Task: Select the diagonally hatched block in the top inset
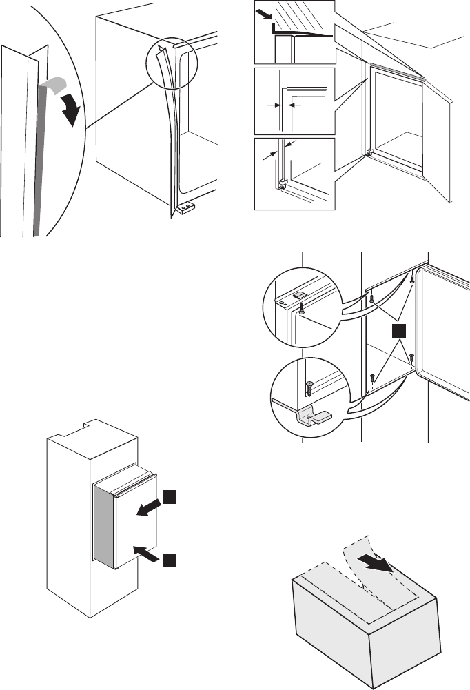[303, 17]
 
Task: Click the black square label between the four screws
[396, 332]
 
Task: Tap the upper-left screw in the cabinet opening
[371, 299]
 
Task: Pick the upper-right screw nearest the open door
[412, 279]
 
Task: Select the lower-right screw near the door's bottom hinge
[412, 358]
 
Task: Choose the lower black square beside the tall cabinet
[170, 559]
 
